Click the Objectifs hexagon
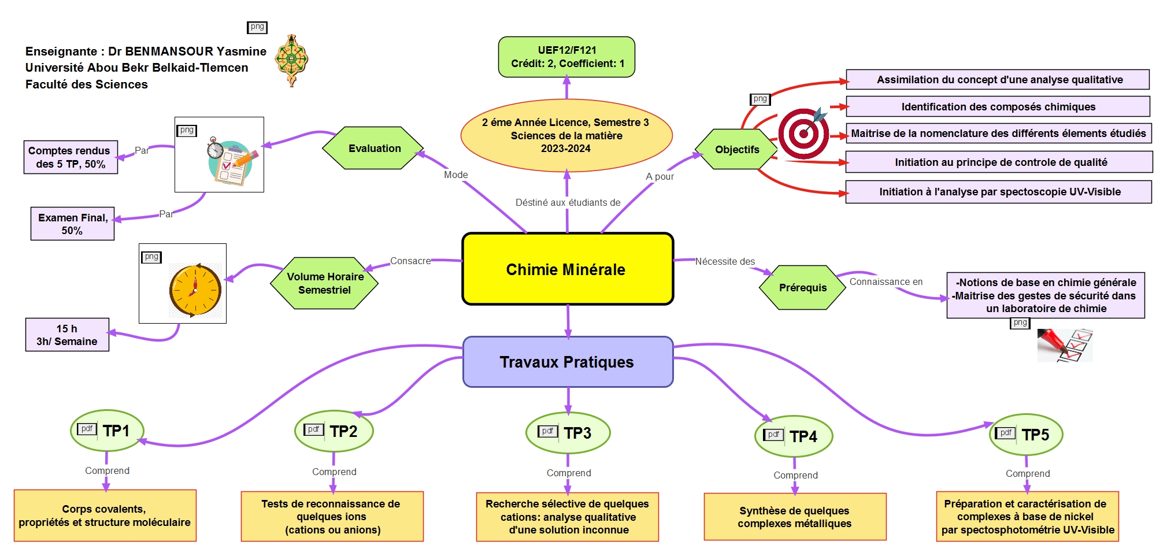click(x=736, y=149)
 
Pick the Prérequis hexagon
click(x=802, y=287)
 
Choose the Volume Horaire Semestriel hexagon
click(x=325, y=283)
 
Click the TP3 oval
click(x=568, y=433)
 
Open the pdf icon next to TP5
click(x=1005, y=433)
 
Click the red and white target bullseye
click(x=803, y=134)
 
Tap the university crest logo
click(x=291, y=60)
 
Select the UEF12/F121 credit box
click(x=566, y=57)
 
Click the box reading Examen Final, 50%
click(x=72, y=224)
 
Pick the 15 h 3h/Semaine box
click(x=67, y=335)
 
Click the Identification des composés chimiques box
click(x=998, y=106)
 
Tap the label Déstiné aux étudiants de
click(x=568, y=202)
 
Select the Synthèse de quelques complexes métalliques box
click(x=795, y=517)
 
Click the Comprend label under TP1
click(x=107, y=470)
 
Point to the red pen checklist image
click(x=1064, y=345)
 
